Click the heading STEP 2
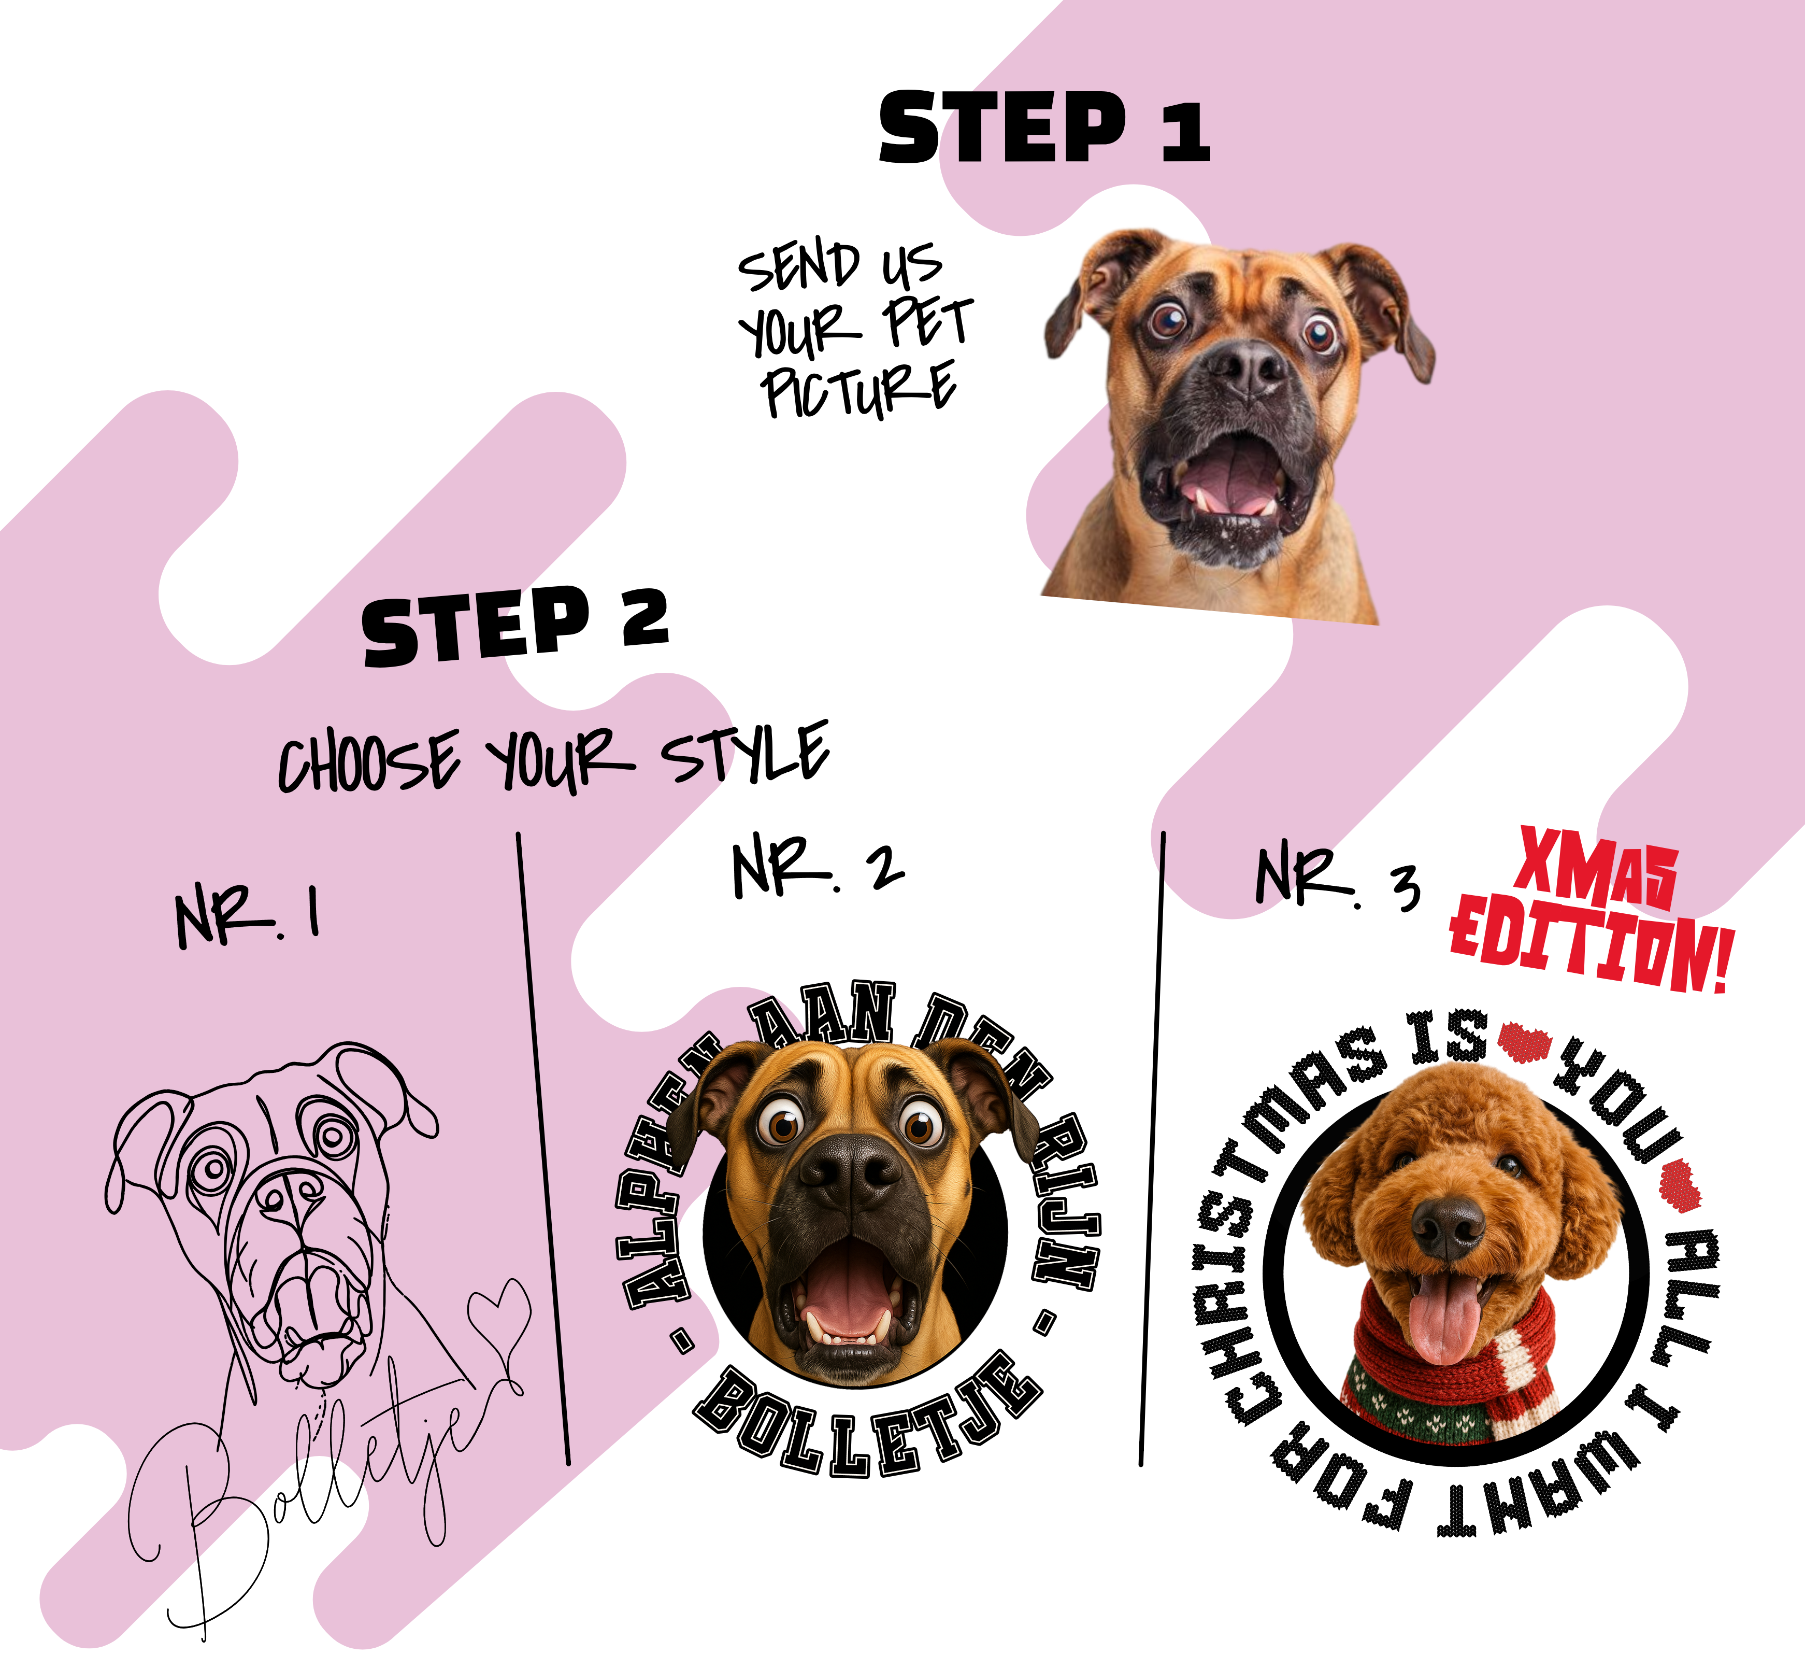[515, 626]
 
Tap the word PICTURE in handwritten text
[858, 390]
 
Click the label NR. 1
[248, 915]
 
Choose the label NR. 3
[1337, 878]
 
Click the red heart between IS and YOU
[1523, 1041]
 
